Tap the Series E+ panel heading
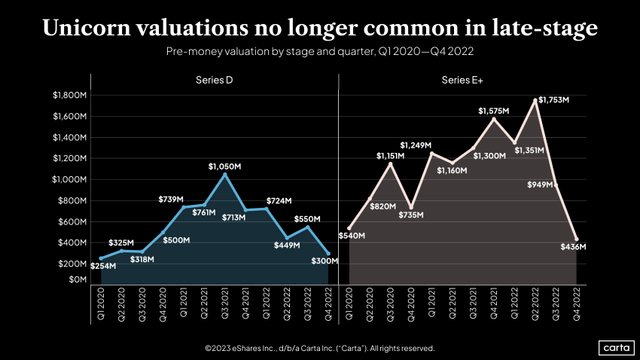[462, 81]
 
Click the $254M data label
[102, 266]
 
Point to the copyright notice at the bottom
[319, 349]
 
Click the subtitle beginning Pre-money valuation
[319, 52]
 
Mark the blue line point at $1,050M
[225, 175]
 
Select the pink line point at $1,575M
[494, 119]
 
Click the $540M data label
[352, 236]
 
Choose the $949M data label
[541, 184]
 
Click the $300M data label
[325, 261]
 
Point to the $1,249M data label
[416, 145]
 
